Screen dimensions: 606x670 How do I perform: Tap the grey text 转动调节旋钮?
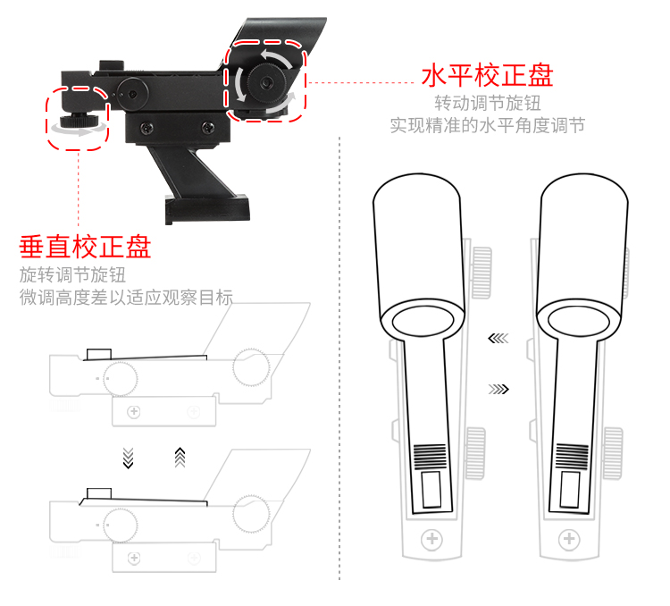[487, 103]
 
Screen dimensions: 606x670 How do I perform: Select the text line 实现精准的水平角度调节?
[487, 125]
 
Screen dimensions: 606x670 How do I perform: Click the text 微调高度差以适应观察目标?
[126, 298]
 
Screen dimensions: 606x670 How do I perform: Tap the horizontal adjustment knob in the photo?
[265, 81]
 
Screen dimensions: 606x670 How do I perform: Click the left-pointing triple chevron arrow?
[498, 338]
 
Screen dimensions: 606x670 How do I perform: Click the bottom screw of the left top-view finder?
[431, 540]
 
